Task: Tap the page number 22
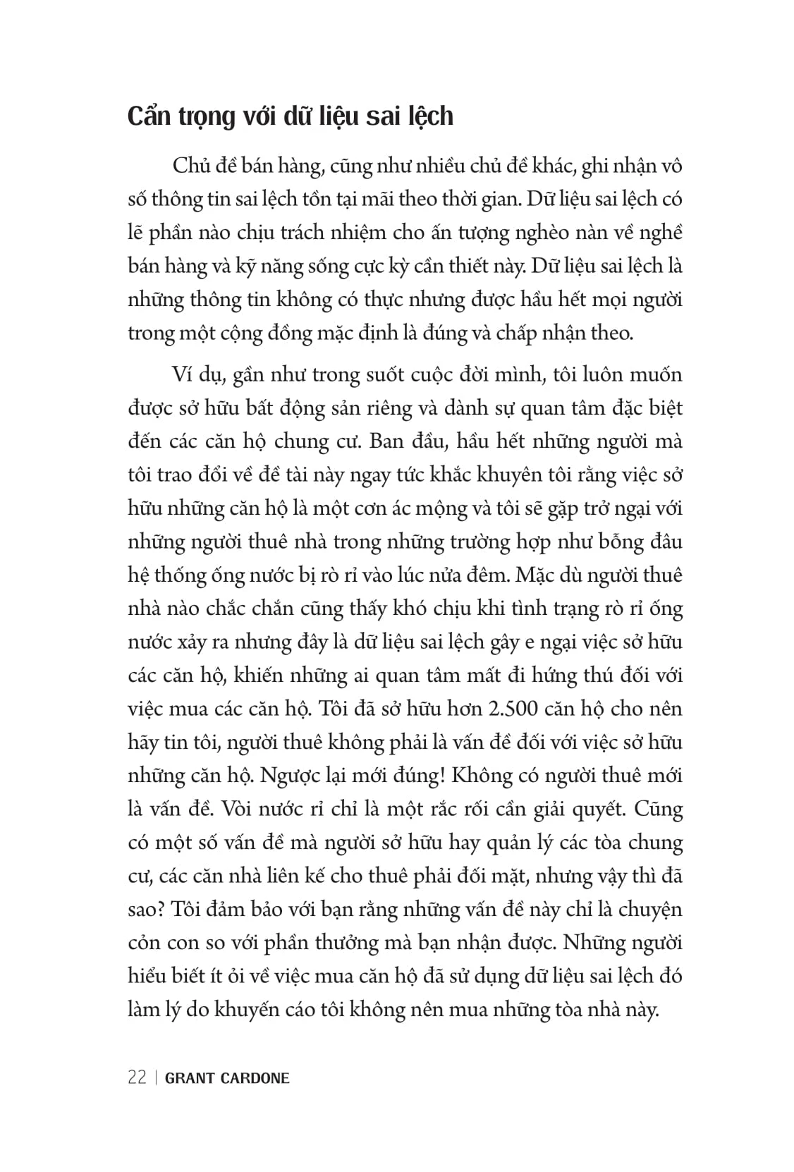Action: (137, 1078)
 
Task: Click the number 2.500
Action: (510, 708)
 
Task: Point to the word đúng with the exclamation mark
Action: (420, 775)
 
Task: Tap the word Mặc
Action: (538, 575)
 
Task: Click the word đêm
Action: (487, 575)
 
